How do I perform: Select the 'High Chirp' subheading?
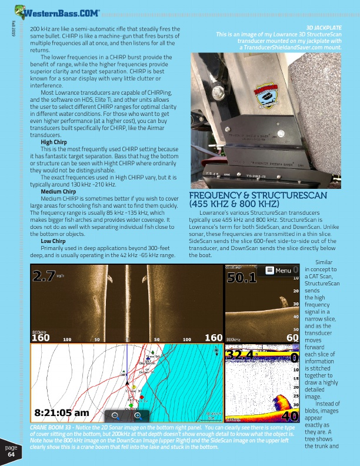click(53, 142)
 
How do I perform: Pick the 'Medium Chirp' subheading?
click(57, 192)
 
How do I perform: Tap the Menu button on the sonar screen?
click(278, 270)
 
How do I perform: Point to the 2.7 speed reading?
click(44, 275)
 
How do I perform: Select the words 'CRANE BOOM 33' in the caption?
click(54, 427)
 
